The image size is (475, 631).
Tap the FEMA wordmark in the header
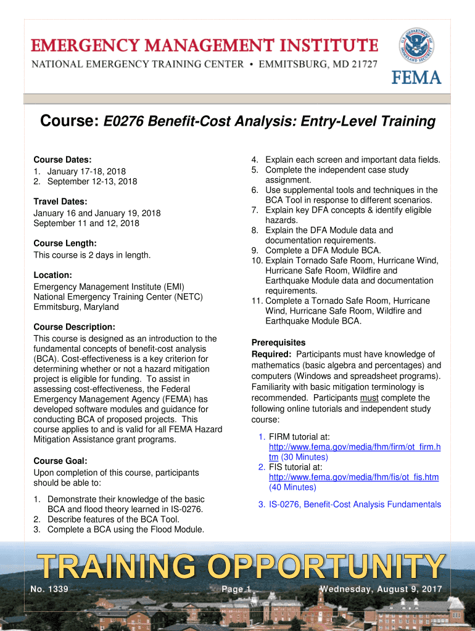click(x=416, y=77)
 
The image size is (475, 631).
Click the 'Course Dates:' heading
click(x=62, y=160)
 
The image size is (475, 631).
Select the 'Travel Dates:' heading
click(x=60, y=202)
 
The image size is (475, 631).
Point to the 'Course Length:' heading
click(x=65, y=243)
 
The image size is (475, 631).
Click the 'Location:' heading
click(x=53, y=275)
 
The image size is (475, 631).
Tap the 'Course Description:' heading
click(x=75, y=327)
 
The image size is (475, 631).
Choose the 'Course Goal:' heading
click(x=60, y=461)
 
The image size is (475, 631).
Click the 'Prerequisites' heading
click(x=278, y=343)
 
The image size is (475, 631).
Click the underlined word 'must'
click(x=369, y=398)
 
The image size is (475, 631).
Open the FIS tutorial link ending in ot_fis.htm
click(x=353, y=477)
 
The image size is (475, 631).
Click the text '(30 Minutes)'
click(x=305, y=457)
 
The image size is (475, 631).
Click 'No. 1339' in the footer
click(x=49, y=590)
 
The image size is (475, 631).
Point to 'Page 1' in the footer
click(x=236, y=590)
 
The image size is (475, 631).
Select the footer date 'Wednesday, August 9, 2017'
click(x=381, y=590)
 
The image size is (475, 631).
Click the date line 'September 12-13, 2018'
click(x=92, y=181)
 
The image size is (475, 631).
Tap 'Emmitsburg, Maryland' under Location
click(x=76, y=307)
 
